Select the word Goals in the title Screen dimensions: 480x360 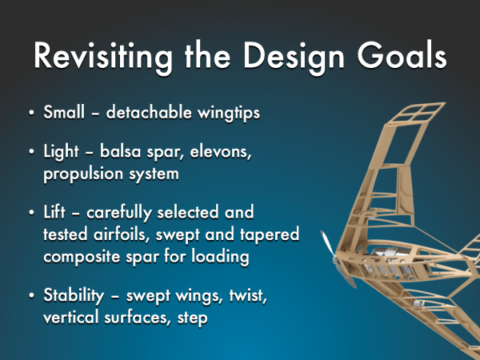coord(402,54)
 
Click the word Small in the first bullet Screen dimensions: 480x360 coord(64,112)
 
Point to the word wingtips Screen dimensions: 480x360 coord(228,113)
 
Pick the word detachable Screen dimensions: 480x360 coord(149,112)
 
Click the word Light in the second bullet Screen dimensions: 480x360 coord(61,152)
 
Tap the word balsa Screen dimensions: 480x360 coord(120,151)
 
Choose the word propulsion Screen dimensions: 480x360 coord(82,174)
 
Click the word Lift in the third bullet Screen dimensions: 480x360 coord(54,211)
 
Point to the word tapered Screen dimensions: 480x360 coord(270,235)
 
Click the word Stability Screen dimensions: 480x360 coord(74,296)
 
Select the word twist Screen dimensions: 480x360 coord(248,296)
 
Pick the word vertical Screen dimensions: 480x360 coord(70,317)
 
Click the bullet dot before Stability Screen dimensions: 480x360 coord(31,296)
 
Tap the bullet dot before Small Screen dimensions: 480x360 coord(31,113)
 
